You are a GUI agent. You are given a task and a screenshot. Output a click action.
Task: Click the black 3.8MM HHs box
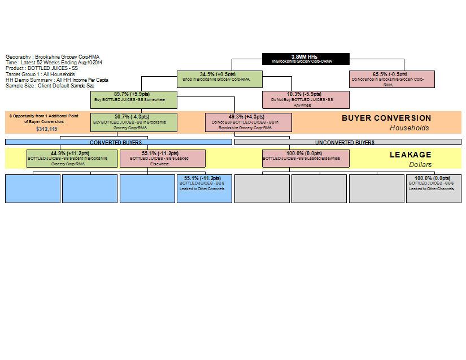306,59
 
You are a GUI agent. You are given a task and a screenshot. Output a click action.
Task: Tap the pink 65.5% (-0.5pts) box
391,79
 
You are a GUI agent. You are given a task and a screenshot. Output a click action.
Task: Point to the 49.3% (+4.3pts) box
249,122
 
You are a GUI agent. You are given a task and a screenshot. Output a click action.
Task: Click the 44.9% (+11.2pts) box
72,158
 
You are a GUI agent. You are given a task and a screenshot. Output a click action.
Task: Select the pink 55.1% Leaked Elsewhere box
163,158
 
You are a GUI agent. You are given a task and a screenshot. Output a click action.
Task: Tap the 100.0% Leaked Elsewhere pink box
306,158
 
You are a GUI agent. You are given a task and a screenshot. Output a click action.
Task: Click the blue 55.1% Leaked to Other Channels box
204,188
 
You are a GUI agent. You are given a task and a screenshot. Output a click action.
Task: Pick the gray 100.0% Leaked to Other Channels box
434,188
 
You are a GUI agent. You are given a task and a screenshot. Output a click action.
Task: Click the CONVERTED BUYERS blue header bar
119,142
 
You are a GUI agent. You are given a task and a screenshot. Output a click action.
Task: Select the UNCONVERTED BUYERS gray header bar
347,142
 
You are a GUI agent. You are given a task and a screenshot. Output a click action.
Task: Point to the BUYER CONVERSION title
386,118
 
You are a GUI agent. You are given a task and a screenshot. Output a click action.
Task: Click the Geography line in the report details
53,57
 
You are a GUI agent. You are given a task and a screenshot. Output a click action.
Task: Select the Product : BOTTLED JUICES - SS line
42,68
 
